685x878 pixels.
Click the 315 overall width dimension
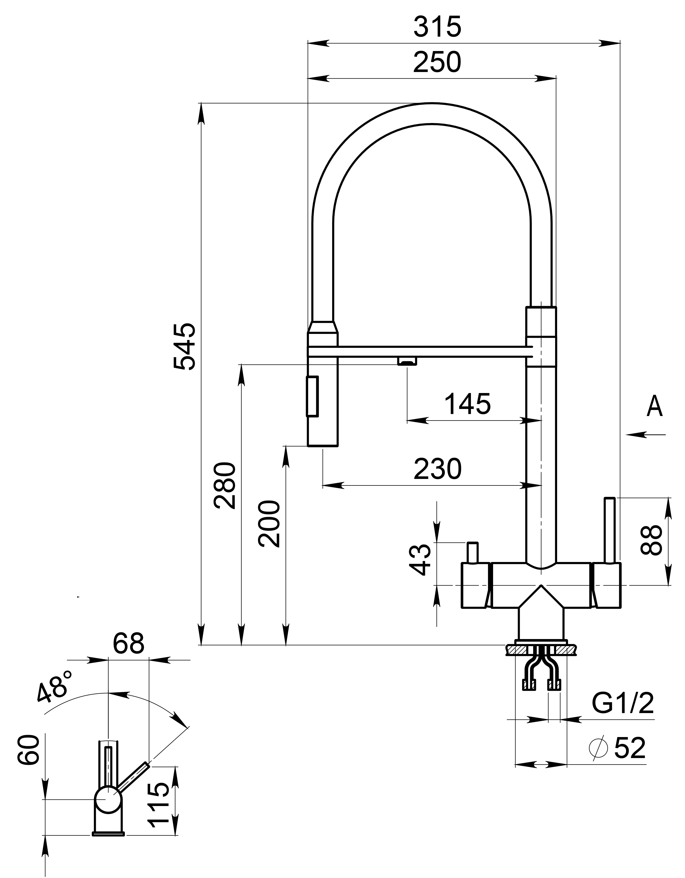coord(437,27)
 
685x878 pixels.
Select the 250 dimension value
coord(437,63)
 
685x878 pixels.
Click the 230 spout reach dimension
coord(438,469)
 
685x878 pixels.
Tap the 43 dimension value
coord(420,559)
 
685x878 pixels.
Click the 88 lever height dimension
coord(651,541)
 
